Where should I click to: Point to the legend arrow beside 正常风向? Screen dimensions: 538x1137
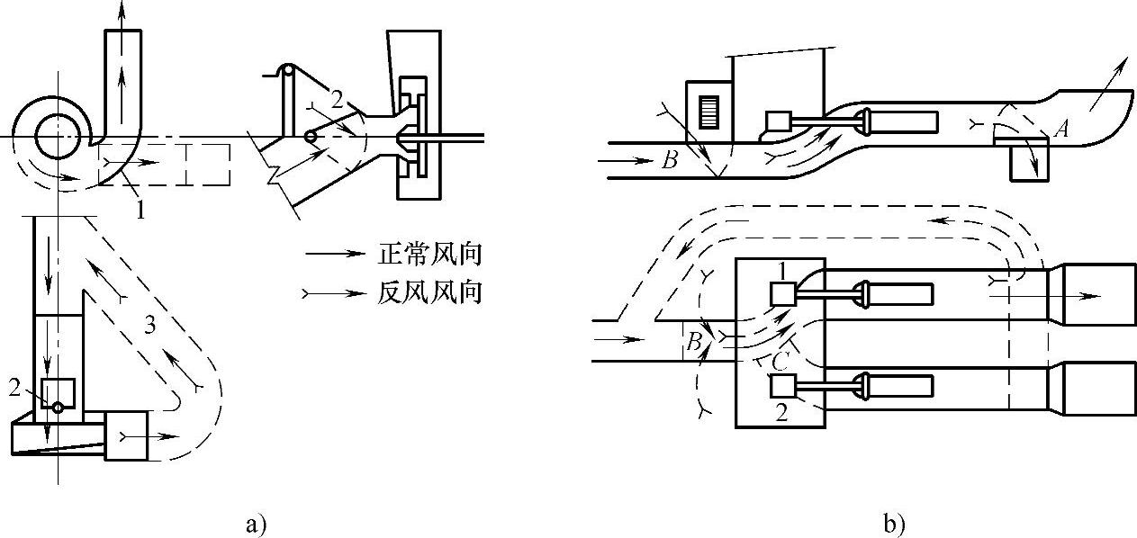336,256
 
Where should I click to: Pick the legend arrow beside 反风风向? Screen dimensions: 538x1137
336,292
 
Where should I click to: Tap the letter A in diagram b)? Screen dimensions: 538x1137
1061,130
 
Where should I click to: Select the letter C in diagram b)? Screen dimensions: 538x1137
781,362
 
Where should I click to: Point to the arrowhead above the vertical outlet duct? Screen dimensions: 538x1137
123,11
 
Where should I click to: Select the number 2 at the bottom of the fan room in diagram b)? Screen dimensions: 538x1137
780,414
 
